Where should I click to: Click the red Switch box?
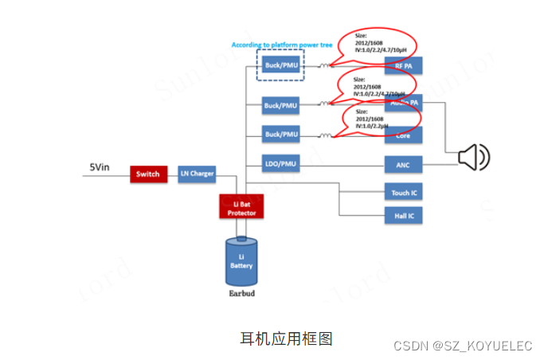(x=148, y=174)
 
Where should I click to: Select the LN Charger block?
(x=196, y=174)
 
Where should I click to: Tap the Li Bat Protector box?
(x=241, y=206)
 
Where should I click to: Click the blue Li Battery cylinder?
(x=241, y=263)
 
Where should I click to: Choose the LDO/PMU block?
(x=281, y=165)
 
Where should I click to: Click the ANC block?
(x=403, y=165)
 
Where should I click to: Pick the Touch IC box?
(x=403, y=193)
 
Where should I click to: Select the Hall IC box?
(x=403, y=216)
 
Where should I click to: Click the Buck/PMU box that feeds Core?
(x=281, y=134)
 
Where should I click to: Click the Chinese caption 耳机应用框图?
(x=286, y=338)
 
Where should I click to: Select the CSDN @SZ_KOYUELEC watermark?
(x=463, y=346)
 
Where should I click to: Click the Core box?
(x=403, y=136)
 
